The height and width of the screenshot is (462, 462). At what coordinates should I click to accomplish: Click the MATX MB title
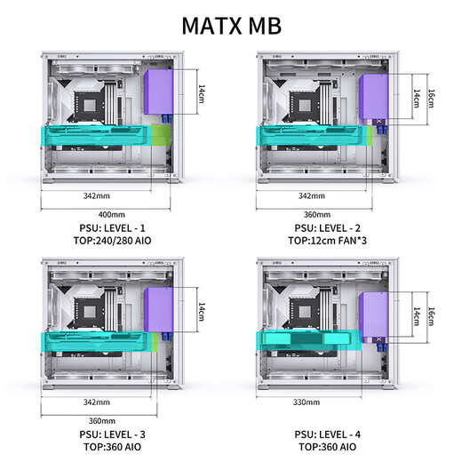point(231,25)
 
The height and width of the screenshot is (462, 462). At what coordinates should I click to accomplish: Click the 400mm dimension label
point(111,214)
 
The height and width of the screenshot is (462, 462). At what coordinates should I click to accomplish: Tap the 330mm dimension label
point(307,402)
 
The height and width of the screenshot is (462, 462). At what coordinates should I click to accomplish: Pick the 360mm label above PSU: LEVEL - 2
point(317,214)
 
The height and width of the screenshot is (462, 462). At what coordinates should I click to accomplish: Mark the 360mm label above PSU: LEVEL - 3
point(101,420)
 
